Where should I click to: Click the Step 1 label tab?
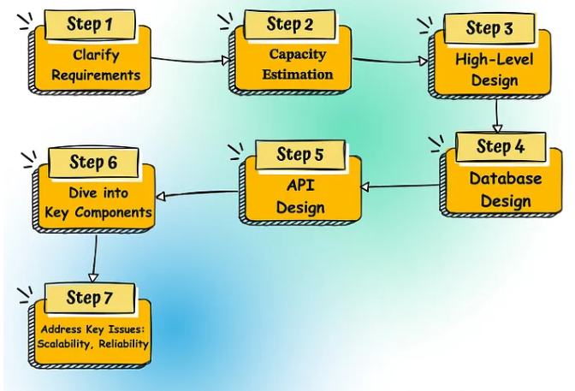[90, 24]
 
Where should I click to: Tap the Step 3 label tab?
[489, 27]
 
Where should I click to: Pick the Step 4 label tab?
[501, 146]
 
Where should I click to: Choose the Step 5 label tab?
[300, 155]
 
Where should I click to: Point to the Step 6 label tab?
[93, 162]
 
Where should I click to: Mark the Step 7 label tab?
[90, 298]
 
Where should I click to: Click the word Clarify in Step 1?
[96, 56]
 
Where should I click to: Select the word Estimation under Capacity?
[298, 74]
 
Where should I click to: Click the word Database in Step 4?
[505, 180]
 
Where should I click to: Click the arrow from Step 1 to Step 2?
[190, 59]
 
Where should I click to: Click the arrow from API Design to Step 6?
[199, 193]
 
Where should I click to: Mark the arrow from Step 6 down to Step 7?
[94, 257]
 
